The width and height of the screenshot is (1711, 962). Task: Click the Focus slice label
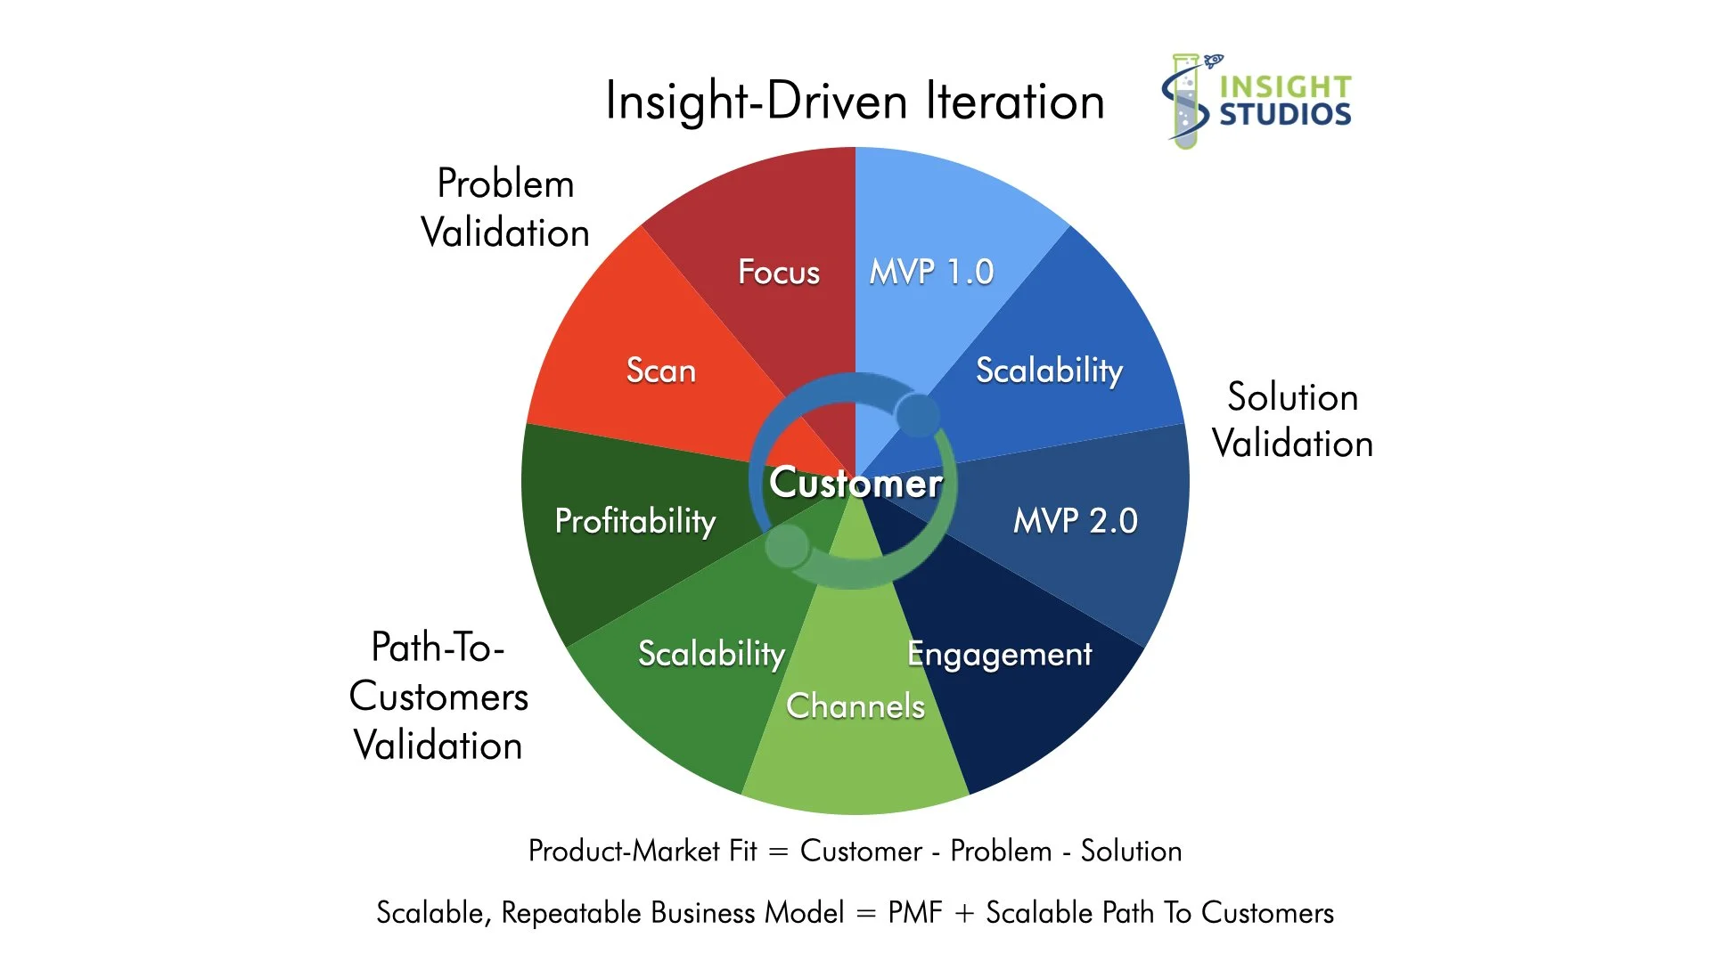click(x=778, y=272)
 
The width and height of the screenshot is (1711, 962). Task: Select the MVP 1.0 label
click(x=931, y=272)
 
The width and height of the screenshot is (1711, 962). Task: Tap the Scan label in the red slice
click(x=660, y=371)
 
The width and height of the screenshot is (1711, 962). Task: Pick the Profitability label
click(x=634, y=521)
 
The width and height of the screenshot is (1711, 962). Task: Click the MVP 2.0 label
click(x=1075, y=521)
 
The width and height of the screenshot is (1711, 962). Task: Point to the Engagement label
click(x=999, y=655)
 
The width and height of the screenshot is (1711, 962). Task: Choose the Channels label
click(x=855, y=706)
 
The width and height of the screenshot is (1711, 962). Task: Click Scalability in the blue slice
click(x=1049, y=371)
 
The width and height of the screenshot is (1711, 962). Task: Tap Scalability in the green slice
click(x=711, y=655)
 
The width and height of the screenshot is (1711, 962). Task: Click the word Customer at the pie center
click(x=855, y=483)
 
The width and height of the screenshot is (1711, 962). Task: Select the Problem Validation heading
click(x=505, y=208)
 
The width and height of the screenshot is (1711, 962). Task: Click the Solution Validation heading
click(x=1292, y=420)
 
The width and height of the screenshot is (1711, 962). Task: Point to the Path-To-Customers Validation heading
click(x=438, y=697)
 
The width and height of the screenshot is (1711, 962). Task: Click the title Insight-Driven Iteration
click(x=855, y=101)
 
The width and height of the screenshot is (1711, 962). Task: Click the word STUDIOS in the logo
click(x=1285, y=115)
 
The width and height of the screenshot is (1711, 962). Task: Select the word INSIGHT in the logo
click(x=1285, y=86)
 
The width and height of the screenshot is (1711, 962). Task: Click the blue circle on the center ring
click(x=917, y=415)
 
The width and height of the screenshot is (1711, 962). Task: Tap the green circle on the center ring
click(x=787, y=546)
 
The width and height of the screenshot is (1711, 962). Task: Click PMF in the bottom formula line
click(x=914, y=913)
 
